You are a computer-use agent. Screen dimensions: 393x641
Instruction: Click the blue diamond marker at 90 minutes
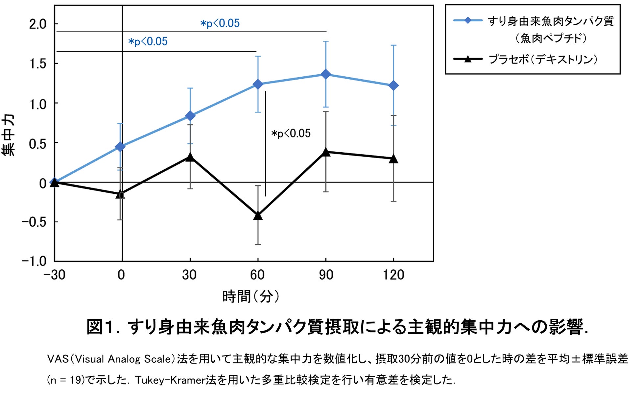325,74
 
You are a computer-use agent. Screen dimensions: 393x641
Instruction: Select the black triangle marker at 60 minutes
258,216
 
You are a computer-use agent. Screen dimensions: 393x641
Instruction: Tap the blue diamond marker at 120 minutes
393,86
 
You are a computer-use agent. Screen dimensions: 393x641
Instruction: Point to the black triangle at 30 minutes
190,157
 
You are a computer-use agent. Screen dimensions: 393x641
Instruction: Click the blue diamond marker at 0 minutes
121,146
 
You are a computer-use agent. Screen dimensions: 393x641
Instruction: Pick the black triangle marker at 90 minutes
325,152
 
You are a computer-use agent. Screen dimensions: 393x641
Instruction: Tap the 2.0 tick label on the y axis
38,24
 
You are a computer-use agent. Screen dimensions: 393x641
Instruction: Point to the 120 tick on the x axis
393,275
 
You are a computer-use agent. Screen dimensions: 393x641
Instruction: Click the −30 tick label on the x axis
55,275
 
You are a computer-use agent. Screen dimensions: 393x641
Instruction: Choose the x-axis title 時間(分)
251,296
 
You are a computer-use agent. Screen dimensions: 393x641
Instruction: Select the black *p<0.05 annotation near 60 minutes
291,134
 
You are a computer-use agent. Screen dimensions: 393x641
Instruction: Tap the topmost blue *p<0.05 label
220,23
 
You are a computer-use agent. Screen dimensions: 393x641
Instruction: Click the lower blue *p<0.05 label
148,41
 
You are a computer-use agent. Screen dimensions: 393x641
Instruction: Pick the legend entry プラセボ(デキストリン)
543,60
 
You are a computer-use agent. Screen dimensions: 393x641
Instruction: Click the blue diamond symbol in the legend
468,20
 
